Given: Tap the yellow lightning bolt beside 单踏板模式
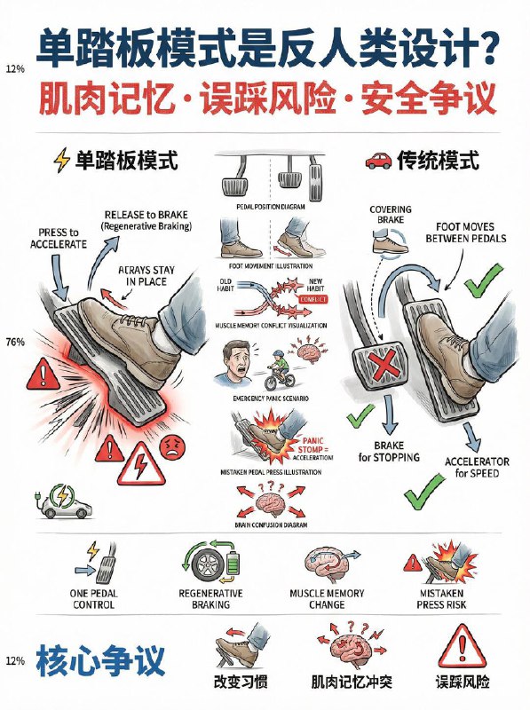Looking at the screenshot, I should [x=62, y=161].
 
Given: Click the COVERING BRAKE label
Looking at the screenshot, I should [x=391, y=216].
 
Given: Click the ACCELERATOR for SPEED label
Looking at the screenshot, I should [x=477, y=467].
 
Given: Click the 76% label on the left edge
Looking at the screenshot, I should [x=14, y=342].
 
